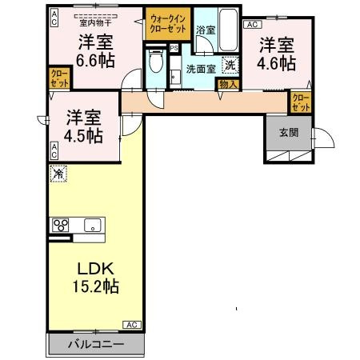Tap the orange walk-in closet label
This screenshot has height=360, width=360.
pos(166,22)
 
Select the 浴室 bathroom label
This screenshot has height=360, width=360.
pos(205,30)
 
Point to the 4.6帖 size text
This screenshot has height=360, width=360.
pos(277,62)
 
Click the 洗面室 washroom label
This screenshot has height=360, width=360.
pos(202,69)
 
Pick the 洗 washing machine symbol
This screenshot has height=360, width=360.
pos(230,66)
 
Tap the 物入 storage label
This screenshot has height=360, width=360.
pos(227,83)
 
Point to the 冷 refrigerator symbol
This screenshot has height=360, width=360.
pos(58,173)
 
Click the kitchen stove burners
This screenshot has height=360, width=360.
pos(60,225)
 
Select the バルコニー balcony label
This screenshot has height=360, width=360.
pos(95,345)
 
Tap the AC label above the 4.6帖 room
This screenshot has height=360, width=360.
pos(250,25)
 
